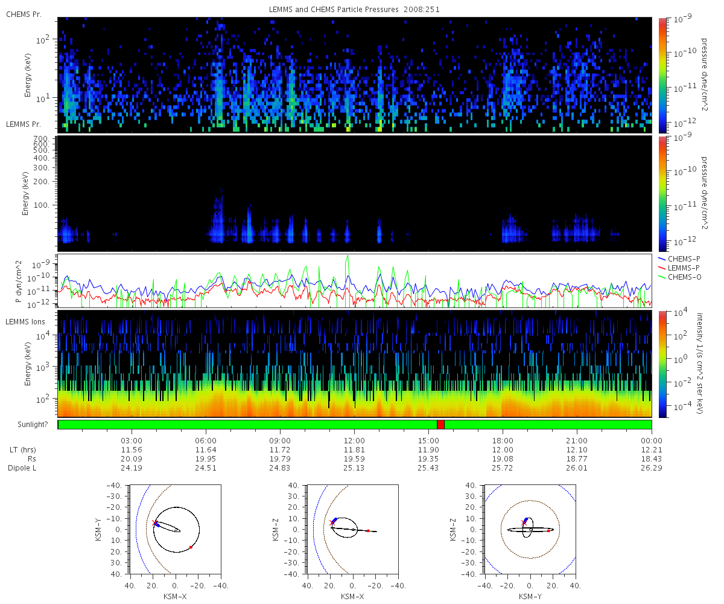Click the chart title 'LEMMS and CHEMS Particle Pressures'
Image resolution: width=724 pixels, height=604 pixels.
(x=334, y=10)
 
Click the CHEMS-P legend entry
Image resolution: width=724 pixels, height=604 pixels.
(x=679, y=259)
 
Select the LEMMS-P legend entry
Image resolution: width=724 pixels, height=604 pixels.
(x=679, y=268)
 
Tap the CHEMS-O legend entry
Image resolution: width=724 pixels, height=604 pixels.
(x=679, y=277)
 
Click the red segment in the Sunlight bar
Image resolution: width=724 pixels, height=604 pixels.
(x=440, y=425)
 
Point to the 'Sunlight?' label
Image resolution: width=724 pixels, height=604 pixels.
(x=33, y=425)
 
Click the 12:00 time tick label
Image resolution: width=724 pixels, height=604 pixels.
(x=354, y=440)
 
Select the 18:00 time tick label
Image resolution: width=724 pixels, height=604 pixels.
(x=503, y=440)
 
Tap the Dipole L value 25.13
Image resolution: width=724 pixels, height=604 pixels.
(x=354, y=467)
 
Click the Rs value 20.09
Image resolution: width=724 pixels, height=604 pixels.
(x=132, y=458)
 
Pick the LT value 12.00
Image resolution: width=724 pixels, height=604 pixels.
(x=503, y=449)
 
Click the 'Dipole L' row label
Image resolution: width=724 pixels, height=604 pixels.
(x=22, y=467)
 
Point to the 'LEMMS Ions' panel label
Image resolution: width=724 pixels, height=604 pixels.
(x=25, y=322)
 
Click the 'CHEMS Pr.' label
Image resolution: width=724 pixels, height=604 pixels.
(x=24, y=14)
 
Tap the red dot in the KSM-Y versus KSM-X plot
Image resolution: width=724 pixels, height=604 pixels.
(x=191, y=547)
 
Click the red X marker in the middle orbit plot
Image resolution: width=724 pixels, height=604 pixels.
(x=332, y=522)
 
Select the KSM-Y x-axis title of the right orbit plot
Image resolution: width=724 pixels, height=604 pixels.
(x=530, y=596)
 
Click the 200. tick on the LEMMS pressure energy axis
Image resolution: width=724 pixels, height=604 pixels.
(x=41, y=182)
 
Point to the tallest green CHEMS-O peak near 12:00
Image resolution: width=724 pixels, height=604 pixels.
(x=348, y=256)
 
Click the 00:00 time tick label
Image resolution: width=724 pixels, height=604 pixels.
(x=651, y=440)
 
